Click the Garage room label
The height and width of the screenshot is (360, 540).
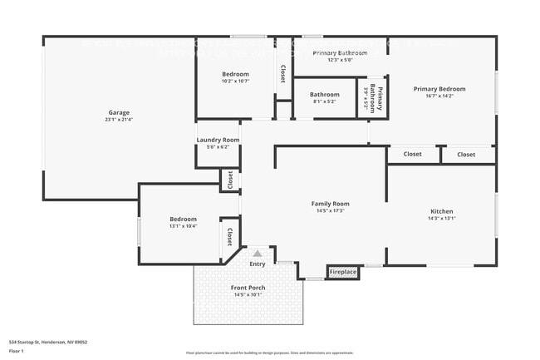click(119, 112)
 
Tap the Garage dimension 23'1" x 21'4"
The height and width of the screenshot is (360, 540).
click(119, 120)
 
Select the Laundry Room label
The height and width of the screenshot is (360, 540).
click(218, 140)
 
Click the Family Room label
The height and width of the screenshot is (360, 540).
click(330, 204)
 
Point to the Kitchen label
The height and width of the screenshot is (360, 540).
click(441, 211)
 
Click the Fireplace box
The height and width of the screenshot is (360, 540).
click(342, 272)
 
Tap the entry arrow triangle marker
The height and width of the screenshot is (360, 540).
click(258, 253)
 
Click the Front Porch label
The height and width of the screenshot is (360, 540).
click(248, 288)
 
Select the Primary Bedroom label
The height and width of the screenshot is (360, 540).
click(439, 89)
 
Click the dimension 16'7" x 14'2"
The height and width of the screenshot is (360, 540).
click(439, 96)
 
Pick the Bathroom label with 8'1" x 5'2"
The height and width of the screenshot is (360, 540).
click(325, 95)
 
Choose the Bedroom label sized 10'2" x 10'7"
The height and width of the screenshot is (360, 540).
click(235, 74)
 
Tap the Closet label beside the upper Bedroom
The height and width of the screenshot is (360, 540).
click(283, 74)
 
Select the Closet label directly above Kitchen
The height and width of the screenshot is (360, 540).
click(412, 154)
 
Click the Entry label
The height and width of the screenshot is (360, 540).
click(258, 264)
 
